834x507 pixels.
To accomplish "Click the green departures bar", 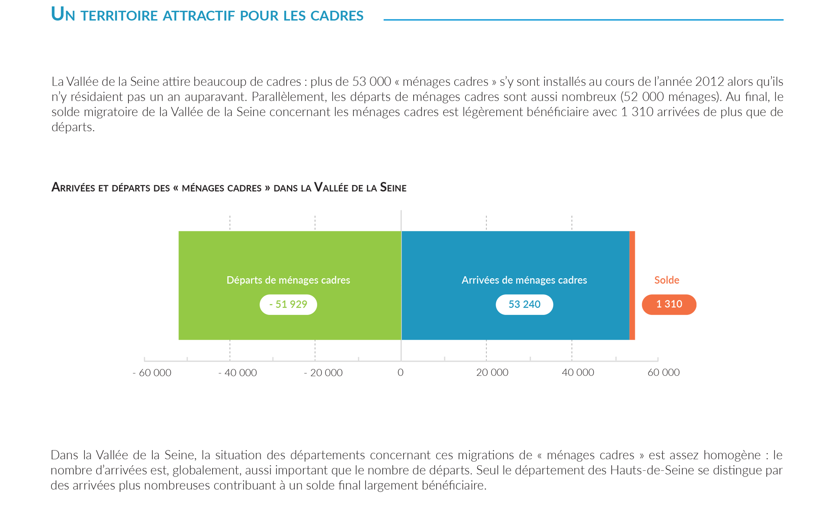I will point(237,257).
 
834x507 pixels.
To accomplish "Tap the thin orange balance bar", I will point(632,285).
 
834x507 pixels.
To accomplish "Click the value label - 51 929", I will point(288,304).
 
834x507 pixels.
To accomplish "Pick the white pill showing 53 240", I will point(524,304).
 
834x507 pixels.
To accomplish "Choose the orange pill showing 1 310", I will point(669,304).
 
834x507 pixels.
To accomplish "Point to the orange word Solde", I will point(667,280).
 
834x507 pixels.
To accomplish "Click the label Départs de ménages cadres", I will point(288,280).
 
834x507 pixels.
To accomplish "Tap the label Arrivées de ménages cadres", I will point(524,280).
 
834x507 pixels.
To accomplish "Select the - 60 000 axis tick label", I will point(152,372).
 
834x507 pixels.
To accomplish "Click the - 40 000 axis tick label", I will point(238,372).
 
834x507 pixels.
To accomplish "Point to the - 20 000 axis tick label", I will point(323,372).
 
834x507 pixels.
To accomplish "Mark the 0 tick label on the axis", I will point(400,372).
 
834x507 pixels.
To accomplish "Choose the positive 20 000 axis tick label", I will point(492,372).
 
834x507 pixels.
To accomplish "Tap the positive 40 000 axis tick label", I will point(578,372).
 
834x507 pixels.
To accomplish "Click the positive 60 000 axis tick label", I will point(664,372).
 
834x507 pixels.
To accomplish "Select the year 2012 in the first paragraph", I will point(710,82).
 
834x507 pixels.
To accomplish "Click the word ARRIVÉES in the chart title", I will point(73,188).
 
